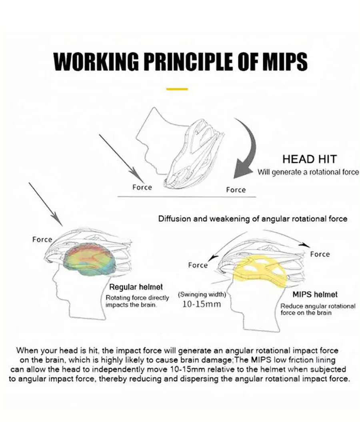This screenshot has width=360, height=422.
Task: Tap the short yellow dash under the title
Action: [x=177, y=89]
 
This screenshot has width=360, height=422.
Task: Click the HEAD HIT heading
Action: [x=310, y=159]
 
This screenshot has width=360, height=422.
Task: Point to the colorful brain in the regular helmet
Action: [x=89, y=260]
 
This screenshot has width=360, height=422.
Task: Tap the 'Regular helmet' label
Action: [x=136, y=287]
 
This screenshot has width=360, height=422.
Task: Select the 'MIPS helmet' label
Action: [x=315, y=294]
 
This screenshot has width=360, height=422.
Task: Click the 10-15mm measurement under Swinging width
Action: [x=202, y=304]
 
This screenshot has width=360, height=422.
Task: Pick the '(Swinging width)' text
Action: [x=202, y=294]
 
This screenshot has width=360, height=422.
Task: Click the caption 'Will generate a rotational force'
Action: [x=308, y=172]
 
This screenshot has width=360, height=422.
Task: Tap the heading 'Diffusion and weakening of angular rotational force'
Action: [x=253, y=219]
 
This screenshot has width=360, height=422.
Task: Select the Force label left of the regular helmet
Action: [x=42, y=240]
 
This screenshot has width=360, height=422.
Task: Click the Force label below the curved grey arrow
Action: [x=236, y=190]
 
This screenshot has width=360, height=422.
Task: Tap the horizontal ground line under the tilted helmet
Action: [x=187, y=197]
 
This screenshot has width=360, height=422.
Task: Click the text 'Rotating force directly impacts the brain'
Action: [x=137, y=302]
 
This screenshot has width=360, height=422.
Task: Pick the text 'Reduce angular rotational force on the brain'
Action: [x=318, y=310]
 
